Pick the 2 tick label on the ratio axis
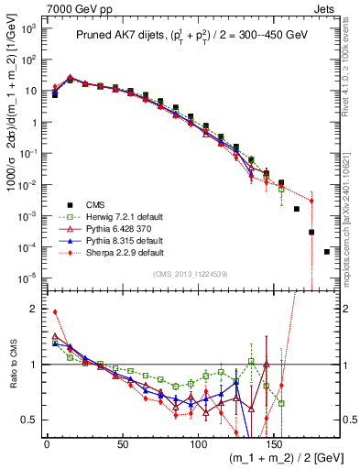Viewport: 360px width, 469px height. coord(32,309)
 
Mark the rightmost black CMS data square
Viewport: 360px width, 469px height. coord(327,252)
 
